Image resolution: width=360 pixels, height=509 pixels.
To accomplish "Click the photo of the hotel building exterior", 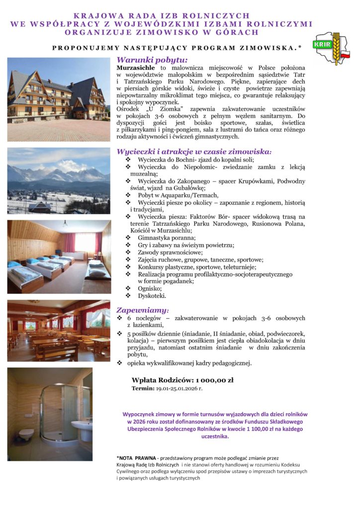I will [x=59, y=99].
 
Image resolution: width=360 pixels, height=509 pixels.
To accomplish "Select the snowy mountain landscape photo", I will [x=59, y=180].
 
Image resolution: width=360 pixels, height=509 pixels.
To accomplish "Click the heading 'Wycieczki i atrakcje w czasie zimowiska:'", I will [x=194, y=151].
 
